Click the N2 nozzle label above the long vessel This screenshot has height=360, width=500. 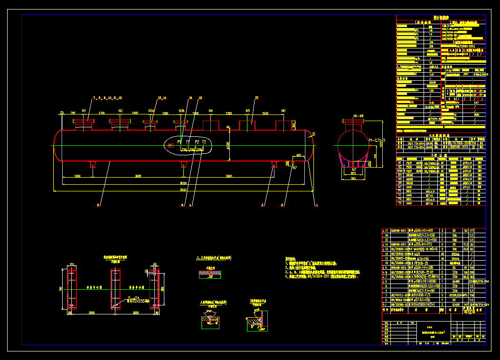[x=121, y=111]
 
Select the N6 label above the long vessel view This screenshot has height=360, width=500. [x=283, y=111]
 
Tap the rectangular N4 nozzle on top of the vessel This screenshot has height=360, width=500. [x=211, y=125]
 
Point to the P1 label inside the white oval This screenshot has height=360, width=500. [x=179, y=142]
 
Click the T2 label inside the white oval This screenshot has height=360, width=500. [x=204, y=142]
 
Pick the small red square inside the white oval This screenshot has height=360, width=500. [x=171, y=145]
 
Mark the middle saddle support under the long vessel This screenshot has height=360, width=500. [x=183, y=164]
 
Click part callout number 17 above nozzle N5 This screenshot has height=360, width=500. [x=256, y=98]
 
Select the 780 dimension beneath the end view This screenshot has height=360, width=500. [x=353, y=179]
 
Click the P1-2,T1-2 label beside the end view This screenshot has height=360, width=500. [x=377, y=141]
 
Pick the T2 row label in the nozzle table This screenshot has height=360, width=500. [x=399, y=203]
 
